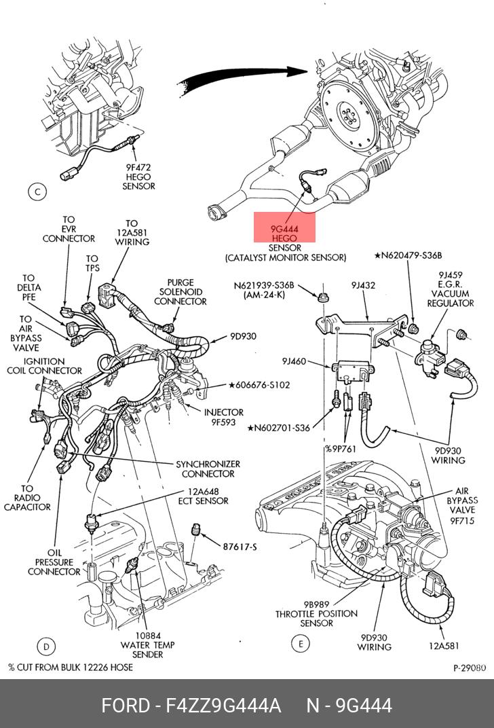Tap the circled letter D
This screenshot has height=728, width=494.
click(x=45, y=645)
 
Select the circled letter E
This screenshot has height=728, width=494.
click(x=299, y=643)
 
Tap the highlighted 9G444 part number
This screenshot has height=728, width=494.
click(x=284, y=230)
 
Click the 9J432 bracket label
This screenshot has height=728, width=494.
click(x=363, y=286)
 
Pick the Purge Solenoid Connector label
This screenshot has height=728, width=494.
click(x=180, y=292)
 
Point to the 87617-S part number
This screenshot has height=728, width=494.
click(x=240, y=546)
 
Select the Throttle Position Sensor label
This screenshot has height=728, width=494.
click(x=316, y=613)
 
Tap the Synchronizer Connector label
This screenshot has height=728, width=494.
click(x=208, y=469)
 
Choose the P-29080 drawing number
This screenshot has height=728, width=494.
click(x=470, y=668)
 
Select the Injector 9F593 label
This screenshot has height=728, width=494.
click(x=224, y=416)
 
